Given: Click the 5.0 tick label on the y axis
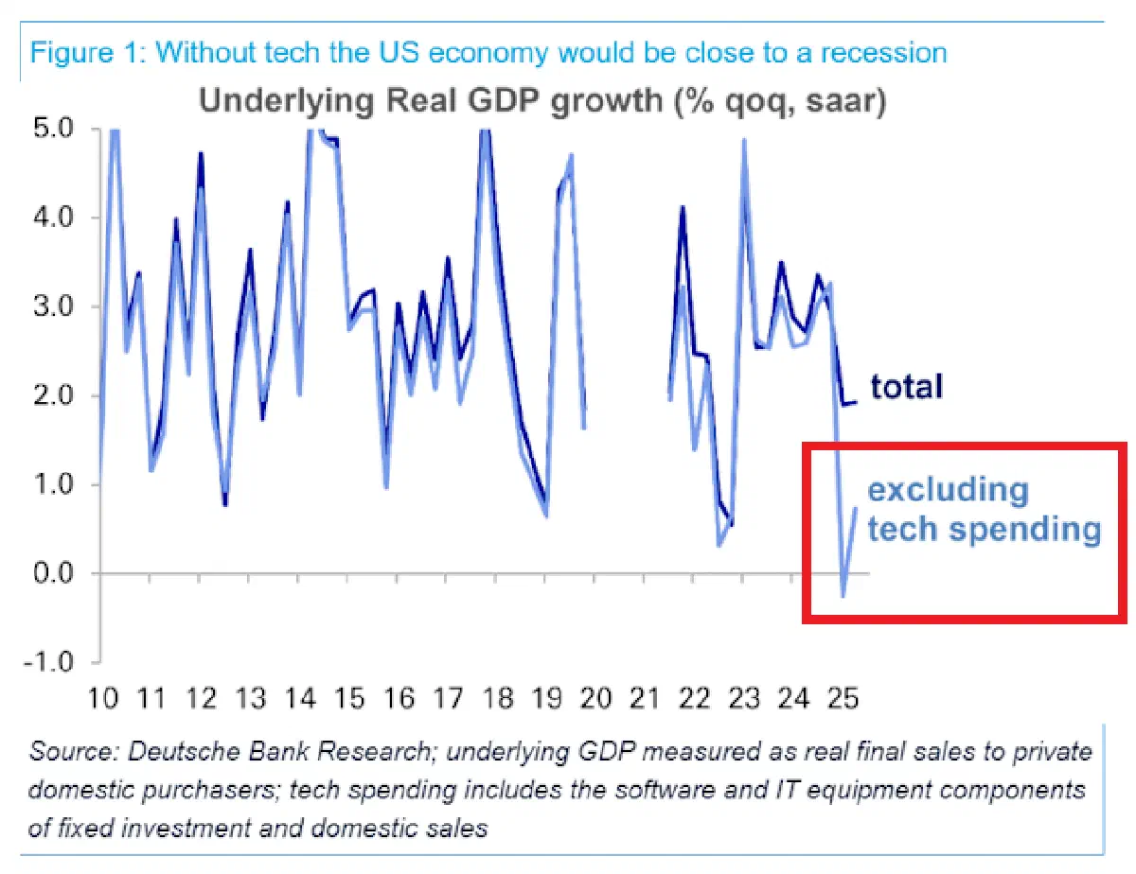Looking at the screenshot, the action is (53, 128).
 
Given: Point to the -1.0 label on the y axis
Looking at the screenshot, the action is (49, 662).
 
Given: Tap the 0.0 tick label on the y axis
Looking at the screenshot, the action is (53, 573).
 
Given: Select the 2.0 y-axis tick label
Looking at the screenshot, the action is (53, 394).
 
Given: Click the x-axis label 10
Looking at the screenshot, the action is (103, 699).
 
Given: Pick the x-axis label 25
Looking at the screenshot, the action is (843, 699).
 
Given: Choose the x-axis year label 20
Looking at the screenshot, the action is (596, 699).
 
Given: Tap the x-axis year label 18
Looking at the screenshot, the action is (498, 699).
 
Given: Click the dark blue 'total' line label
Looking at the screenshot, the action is (907, 387).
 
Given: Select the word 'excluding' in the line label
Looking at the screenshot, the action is (949, 491).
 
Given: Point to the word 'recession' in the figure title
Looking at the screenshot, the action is (883, 53).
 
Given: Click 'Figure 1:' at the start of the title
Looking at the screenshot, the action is (88, 52).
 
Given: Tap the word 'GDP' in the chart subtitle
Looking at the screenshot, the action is (503, 100).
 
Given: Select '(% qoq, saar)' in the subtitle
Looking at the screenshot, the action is (779, 102).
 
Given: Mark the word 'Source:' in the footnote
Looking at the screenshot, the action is (75, 752).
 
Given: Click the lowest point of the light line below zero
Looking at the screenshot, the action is (843, 596).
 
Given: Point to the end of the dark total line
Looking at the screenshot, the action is (856, 402).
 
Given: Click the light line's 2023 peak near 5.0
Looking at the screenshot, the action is (743, 139).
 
